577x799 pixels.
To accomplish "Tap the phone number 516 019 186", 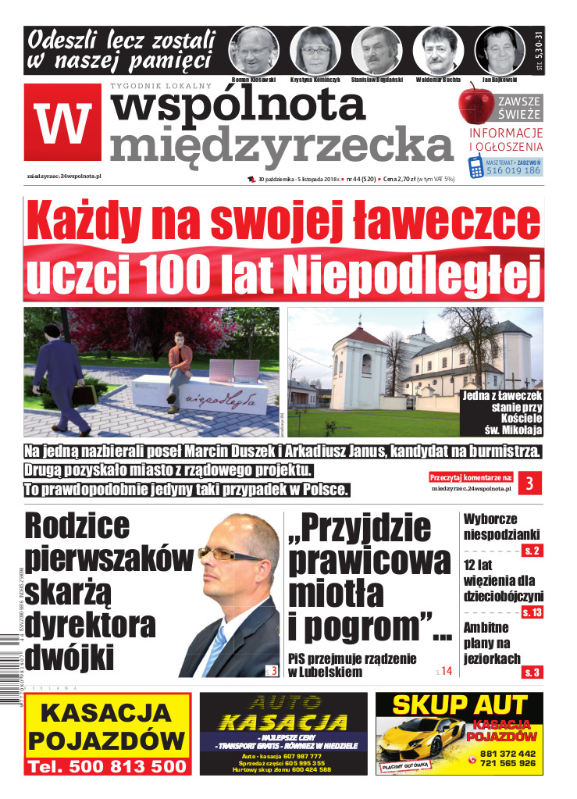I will (x=513, y=170).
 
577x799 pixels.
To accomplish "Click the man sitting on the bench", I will (x=180, y=362).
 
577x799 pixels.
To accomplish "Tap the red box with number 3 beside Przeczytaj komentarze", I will (x=529, y=484).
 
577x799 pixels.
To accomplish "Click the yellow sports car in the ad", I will (x=428, y=736).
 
